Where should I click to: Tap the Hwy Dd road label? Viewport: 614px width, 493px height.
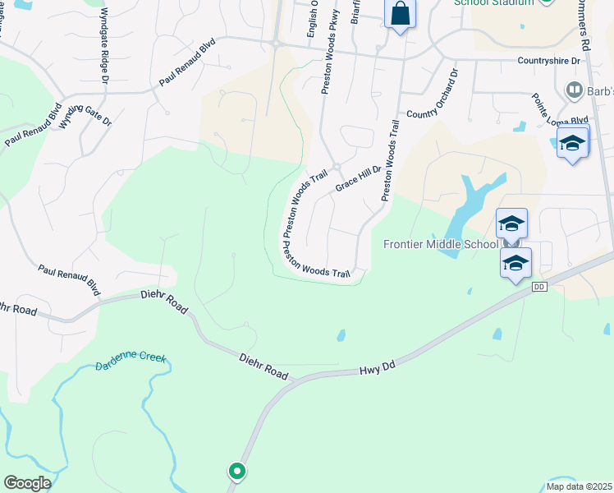(378, 370)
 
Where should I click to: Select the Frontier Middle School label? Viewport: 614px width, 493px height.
(441, 243)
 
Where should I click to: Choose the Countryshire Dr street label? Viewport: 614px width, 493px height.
(549, 61)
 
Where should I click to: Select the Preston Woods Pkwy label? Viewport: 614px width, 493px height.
(326, 58)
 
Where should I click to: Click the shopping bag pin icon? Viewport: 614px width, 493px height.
(401, 14)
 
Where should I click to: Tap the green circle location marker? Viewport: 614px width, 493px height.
(236, 471)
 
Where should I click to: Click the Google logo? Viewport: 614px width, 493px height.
(27, 483)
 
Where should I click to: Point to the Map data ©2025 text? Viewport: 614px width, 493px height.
(579, 486)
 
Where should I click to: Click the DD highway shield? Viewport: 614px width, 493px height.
(538, 287)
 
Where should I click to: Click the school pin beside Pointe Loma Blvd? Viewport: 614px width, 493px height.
(572, 144)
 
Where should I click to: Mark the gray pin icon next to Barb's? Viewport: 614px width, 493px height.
(574, 89)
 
